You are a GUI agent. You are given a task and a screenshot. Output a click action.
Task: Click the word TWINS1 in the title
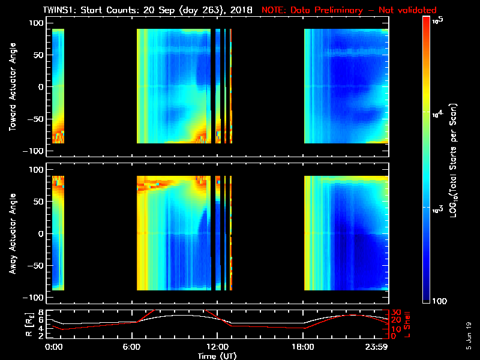click(x=58, y=10)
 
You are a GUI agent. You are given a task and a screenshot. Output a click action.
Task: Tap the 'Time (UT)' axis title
click(x=218, y=356)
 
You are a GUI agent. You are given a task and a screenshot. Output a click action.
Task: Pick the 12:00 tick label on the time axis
click(x=218, y=346)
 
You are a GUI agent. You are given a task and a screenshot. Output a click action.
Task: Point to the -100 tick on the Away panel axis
click(x=35, y=298)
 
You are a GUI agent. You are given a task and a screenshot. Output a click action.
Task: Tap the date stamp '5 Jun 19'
click(x=469, y=335)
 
